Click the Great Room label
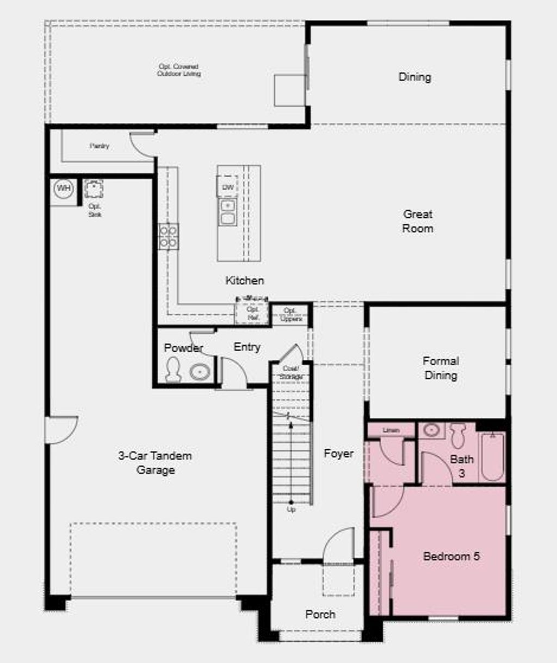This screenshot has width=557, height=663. point(418,221)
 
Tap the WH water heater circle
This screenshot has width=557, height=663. point(64,189)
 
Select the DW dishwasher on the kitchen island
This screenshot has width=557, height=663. point(227,187)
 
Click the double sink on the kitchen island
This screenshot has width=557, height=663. point(227,212)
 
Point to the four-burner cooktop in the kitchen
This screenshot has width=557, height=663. point(168,237)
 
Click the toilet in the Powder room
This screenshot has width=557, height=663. point(173,370)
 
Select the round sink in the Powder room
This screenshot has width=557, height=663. point(200,372)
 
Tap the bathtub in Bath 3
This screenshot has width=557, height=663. point(492,456)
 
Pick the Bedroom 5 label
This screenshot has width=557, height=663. point(451,556)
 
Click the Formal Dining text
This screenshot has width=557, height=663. point(441,368)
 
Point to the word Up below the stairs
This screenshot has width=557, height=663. point(291,510)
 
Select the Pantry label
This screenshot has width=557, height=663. point(100,146)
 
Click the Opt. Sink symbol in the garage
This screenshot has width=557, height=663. point(94,190)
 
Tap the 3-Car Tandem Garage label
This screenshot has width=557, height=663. point(155,463)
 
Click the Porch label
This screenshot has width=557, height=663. point(320,614)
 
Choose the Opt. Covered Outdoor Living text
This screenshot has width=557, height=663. point(178,70)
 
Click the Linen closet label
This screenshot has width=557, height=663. point(391,430)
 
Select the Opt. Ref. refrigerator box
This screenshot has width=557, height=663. point(252,313)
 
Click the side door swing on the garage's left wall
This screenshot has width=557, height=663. point(61,429)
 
